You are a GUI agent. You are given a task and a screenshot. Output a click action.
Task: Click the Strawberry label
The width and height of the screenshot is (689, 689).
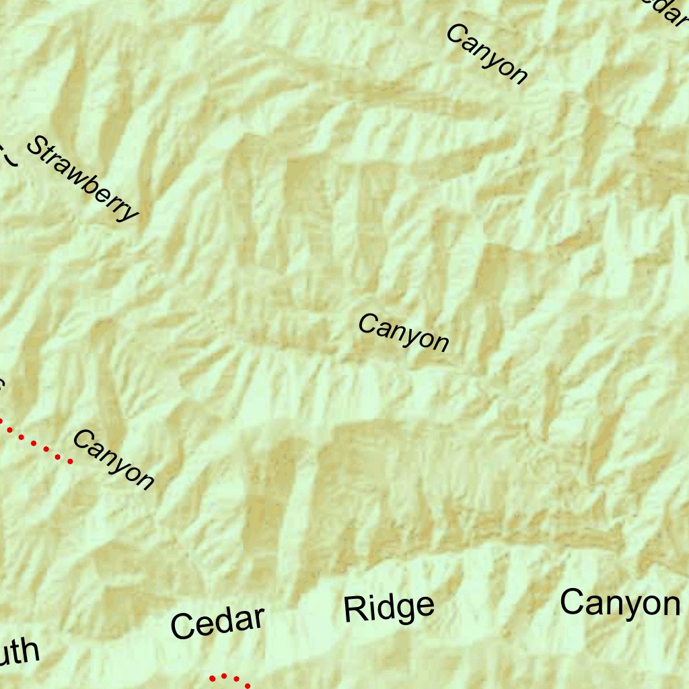pyautogui.click(x=82, y=180)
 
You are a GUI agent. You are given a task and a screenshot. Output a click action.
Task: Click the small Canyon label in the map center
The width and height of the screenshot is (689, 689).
pyautogui.click(x=403, y=332)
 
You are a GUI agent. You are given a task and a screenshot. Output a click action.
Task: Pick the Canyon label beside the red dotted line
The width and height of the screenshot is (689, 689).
pyautogui.click(x=113, y=460)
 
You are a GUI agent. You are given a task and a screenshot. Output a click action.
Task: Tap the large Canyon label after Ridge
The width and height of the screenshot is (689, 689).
pyautogui.click(x=620, y=603)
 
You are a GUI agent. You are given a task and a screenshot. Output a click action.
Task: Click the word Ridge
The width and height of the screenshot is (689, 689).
pyautogui.click(x=389, y=608)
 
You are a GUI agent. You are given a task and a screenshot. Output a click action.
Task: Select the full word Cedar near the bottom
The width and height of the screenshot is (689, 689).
pyautogui.click(x=218, y=622)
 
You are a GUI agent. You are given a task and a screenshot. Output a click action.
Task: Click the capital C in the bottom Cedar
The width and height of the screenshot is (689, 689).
pyautogui.click(x=182, y=628)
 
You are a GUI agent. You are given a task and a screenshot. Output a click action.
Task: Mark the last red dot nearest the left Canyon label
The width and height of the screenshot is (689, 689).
pyautogui.click(x=69, y=461)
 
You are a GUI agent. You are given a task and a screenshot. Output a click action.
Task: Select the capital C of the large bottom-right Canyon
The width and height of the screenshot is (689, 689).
pyautogui.click(x=573, y=603)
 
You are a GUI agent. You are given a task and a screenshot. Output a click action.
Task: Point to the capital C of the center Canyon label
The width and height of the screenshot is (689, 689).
pyautogui.click(x=367, y=324)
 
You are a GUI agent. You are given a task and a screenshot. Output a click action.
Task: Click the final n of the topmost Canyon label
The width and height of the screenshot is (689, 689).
pyautogui.click(x=517, y=75)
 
